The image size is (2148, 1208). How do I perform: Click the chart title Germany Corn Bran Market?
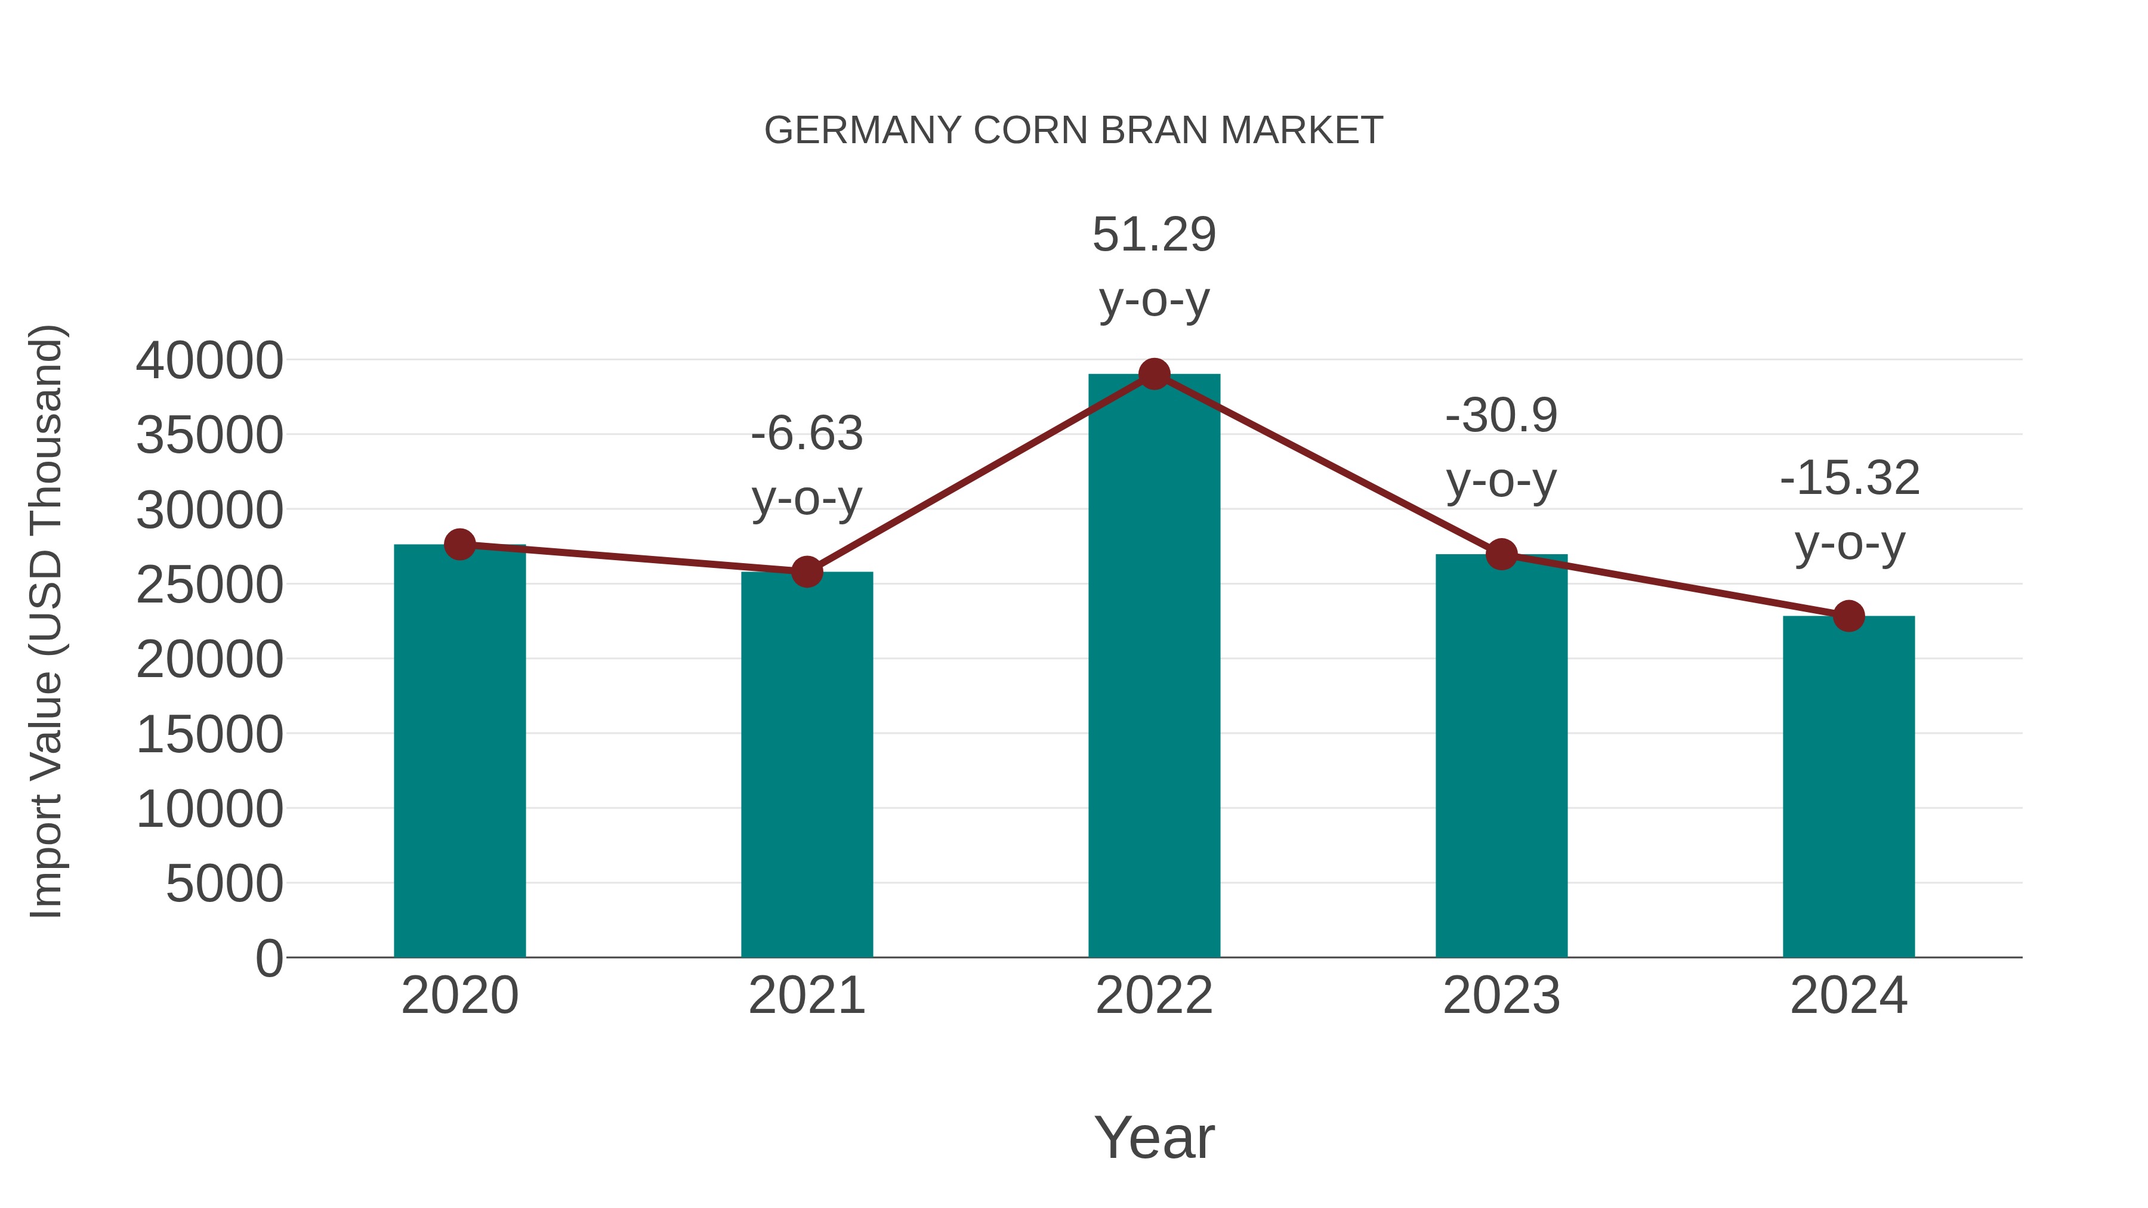click(1073, 131)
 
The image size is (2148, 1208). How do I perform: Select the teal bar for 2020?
click(459, 750)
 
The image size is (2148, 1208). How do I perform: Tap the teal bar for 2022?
click(1154, 667)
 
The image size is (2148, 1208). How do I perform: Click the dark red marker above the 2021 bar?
click(806, 572)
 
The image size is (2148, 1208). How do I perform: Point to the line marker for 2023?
click(1501, 554)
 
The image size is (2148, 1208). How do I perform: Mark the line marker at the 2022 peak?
click(1154, 374)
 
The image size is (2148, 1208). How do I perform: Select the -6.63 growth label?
click(806, 434)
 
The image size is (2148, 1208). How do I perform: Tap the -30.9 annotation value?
click(1501, 415)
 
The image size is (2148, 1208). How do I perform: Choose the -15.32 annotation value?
click(1848, 478)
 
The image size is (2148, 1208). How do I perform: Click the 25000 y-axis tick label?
click(209, 585)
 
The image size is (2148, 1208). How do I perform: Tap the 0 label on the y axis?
click(269, 958)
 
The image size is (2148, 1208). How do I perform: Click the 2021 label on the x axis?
click(806, 996)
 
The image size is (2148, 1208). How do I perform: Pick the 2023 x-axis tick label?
click(1501, 996)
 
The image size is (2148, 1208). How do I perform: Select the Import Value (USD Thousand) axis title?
click(46, 621)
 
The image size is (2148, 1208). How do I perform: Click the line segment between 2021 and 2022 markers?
click(980, 474)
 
